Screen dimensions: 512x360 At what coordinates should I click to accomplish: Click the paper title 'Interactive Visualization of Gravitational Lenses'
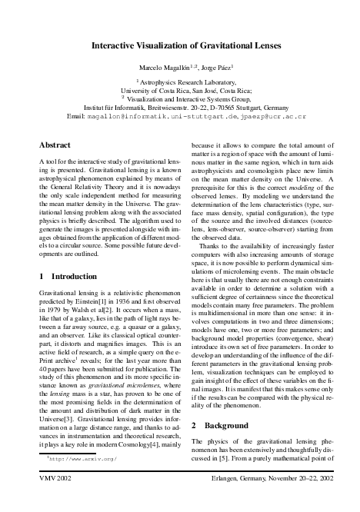point(180,47)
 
